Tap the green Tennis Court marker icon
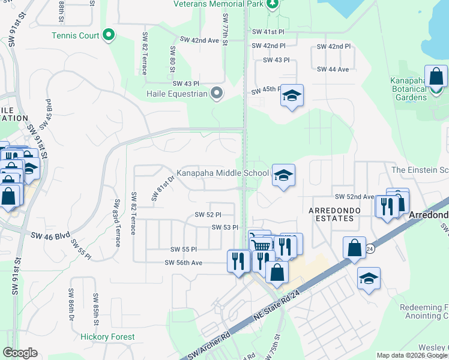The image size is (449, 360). [x=109, y=35]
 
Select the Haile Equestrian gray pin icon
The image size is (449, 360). [x=217, y=93]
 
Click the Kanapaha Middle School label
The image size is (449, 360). [x=223, y=173]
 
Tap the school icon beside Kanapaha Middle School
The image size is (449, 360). [x=284, y=175]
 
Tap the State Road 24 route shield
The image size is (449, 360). [x=372, y=248]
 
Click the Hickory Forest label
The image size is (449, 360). [x=108, y=337]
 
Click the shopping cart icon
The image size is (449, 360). [x=260, y=244]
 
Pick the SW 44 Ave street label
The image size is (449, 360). [x=331, y=70]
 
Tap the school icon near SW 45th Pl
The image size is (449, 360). [x=292, y=96]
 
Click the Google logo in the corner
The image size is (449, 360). [x=20, y=353]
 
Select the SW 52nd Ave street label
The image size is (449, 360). [x=355, y=197]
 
